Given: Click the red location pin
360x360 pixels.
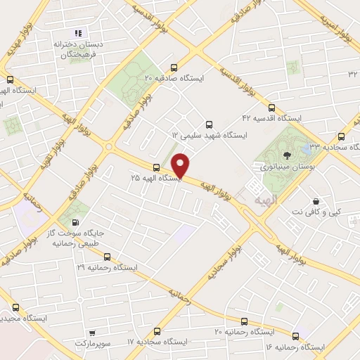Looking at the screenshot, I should click(x=181, y=165).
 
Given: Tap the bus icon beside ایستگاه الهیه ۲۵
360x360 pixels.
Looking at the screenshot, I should click(x=155, y=167).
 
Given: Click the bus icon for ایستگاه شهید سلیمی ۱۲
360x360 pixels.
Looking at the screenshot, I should click(x=210, y=122).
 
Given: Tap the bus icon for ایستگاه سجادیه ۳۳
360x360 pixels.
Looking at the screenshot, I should click(x=342, y=136).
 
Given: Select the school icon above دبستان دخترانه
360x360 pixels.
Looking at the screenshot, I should click(x=78, y=32).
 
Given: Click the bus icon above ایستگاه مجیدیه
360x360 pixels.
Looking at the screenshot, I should click(x=15, y=307).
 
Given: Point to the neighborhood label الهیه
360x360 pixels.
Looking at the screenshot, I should click(x=253, y=200).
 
